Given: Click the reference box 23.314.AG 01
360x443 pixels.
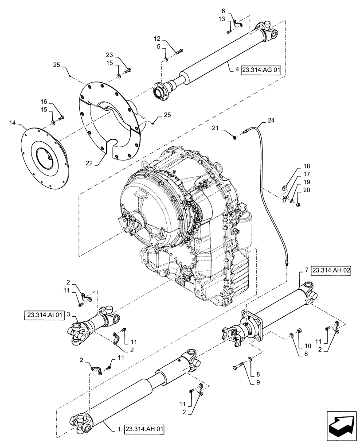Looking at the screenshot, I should coord(261,70).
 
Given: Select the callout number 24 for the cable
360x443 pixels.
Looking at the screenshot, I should coord(271,120).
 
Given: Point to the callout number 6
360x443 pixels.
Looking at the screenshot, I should coord(223,11).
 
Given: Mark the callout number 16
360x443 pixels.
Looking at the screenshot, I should coord(44,101).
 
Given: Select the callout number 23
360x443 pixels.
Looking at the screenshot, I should coord(109,55).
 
